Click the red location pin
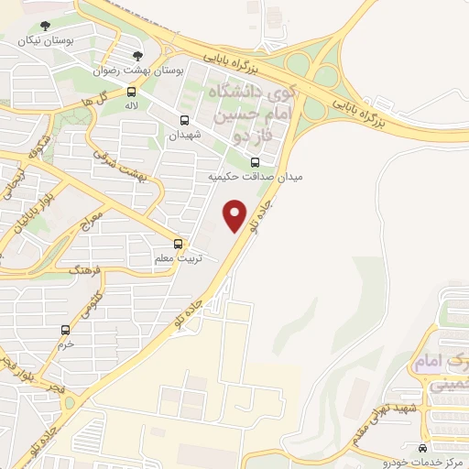[235, 214]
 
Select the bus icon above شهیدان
[185, 120]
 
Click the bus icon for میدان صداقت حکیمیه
[255, 162]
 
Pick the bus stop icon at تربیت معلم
[179, 244]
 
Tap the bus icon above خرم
[64, 329]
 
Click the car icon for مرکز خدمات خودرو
[421, 449]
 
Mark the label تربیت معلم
[178, 259]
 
